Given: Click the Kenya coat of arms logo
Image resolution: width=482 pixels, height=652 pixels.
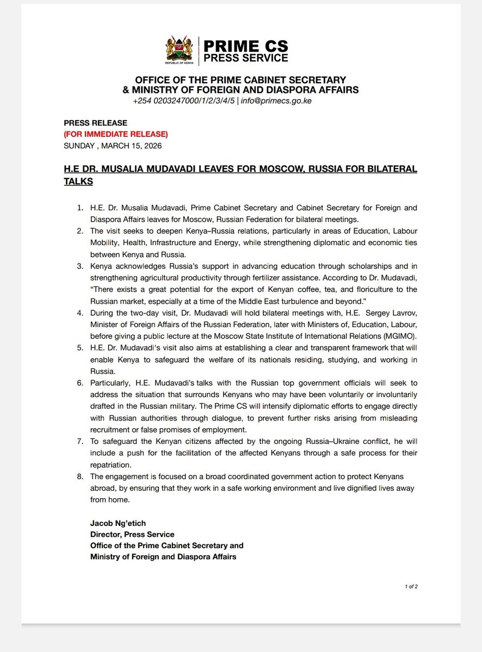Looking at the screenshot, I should (179, 49).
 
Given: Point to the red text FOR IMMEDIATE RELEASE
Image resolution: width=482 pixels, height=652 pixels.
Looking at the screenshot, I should (116, 134).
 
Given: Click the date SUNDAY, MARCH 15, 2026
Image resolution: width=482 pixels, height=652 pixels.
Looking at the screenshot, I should (113, 146).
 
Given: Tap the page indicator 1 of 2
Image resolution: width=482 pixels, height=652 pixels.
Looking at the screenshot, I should (411, 587).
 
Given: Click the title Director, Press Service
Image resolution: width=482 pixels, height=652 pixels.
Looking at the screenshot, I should (132, 534).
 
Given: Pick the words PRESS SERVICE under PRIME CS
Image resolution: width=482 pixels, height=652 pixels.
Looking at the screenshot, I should (245, 58).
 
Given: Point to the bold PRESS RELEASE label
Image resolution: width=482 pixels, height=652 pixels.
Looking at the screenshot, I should (95, 123).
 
